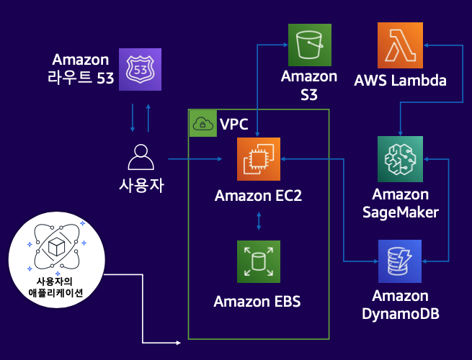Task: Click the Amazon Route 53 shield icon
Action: pyautogui.click(x=140, y=69)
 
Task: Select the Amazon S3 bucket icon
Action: pyautogui.click(x=310, y=45)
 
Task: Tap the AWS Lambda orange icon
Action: pyautogui.click(x=400, y=45)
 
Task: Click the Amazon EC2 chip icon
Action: pyautogui.click(x=259, y=159)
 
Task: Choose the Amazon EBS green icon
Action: pyautogui.click(x=259, y=261)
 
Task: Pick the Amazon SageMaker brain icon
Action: pyautogui.click(x=400, y=159)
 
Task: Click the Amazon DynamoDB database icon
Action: pyautogui.click(x=400, y=261)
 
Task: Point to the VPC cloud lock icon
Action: pyautogui.click(x=203, y=123)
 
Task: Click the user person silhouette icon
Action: pyautogui.click(x=141, y=157)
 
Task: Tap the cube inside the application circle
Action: pyautogui.click(x=57, y=247)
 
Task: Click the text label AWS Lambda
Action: pyautogui.click(x=400, y=81)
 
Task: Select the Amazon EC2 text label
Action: pyautogui.click(x=258, y=196)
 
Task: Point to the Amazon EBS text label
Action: pyautogui.click(x=257, y=302)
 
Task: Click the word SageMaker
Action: pyautogui.click(x=401, y=212)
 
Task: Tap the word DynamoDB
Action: pyautogui.click(x=401, y=313)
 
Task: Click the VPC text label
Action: pyautogui.click(x=234, y=125)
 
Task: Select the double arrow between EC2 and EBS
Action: pyautogui.click(x=259, y=221)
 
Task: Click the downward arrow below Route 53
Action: pyautogui.click(x=133, y=118)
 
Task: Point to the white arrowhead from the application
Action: pyautogui.click(x=178, y=343)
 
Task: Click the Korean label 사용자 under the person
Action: pyautogui.click(x=141, y=185)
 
